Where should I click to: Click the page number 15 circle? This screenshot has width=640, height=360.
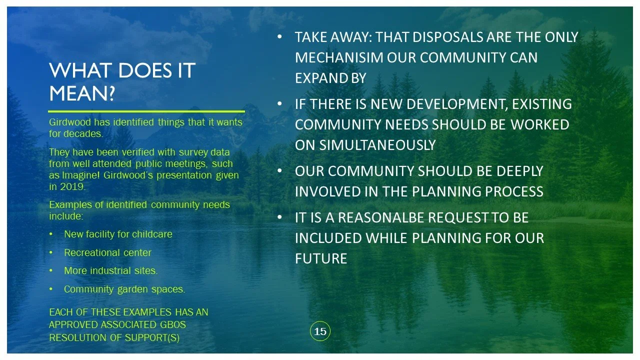click(320, 331)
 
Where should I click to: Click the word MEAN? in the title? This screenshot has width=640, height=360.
click(82, 93)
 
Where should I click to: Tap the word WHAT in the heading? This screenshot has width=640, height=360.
click(79, 70)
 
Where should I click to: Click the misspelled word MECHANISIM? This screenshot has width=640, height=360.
click(339, 57)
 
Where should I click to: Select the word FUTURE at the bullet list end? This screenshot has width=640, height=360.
click(321, 258)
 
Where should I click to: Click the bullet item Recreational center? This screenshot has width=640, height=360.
click(107, 252)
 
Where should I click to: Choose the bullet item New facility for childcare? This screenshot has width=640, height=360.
click(118, 234)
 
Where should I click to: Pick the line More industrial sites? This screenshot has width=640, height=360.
click(110, 271)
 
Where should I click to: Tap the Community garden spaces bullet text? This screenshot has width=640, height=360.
click(124, 289)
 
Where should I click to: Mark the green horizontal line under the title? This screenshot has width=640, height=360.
click(146, 111)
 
